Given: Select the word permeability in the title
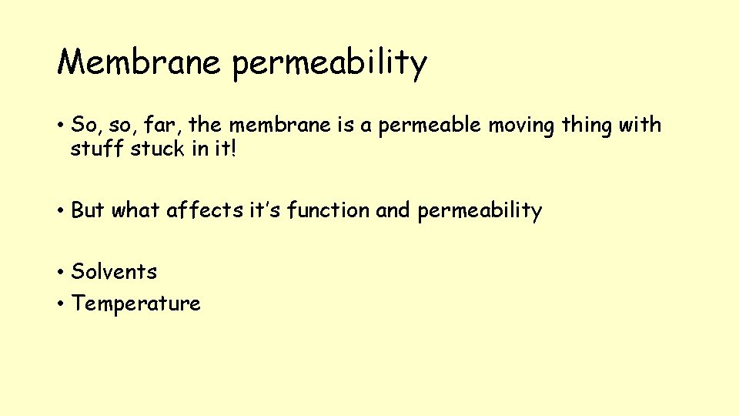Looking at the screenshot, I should tap(329, 63).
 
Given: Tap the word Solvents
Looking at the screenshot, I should tap(114, 271).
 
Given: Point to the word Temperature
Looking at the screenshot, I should tap(135, 304).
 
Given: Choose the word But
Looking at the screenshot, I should tap(88, 210).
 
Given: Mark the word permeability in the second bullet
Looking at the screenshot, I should tap(480, 210).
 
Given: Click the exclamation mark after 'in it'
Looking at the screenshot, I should tap(232, 148).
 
